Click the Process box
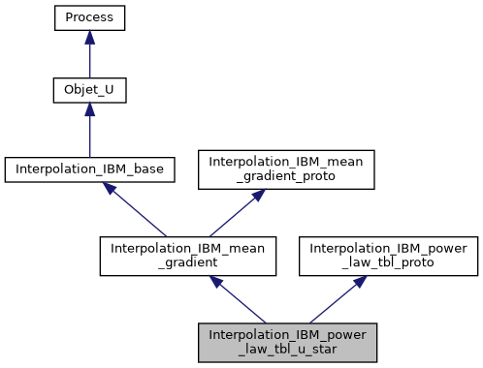[89, 17]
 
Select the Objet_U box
[89, 93]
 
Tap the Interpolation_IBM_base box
[89, 169]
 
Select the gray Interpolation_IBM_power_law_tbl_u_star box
[287, 342]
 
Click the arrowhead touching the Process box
[89, 37]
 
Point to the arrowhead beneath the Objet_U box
[89, 112]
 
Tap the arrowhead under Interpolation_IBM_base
[113, 190]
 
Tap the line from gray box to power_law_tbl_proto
[334, 302]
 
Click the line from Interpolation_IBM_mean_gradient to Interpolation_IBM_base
[141, 212]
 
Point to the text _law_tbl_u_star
[287, 350]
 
